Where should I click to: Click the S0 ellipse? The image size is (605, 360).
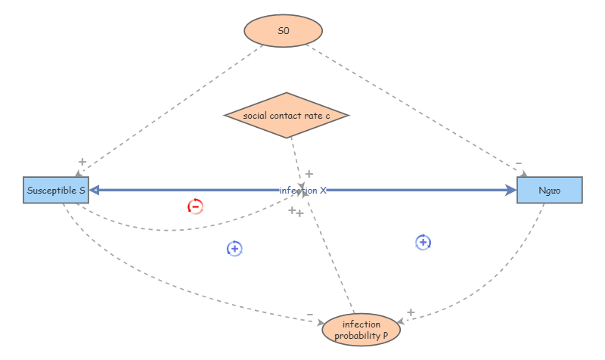tap(283, 31)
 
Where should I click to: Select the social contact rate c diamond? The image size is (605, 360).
tap(287, 115)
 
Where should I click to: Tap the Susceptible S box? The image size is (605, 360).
tap(56, 191)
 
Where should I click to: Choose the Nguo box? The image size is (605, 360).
tap(549, 191)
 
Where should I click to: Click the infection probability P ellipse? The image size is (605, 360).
tap(361, 330)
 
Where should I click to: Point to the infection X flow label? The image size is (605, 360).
tap(302, 191)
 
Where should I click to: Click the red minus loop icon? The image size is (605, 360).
tap(195, 206)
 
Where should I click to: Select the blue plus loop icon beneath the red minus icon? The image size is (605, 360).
tap(234, 248)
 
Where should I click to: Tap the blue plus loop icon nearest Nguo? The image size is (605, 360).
tap(423, 242)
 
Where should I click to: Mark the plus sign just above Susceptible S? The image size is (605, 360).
tap(82, 162)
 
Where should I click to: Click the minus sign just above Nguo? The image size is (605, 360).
tap(518, 163)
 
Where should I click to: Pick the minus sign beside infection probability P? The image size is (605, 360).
tap(310, 315)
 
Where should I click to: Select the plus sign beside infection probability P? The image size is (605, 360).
tap(411, 312)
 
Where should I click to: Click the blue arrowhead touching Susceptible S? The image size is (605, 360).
tap(95, 191)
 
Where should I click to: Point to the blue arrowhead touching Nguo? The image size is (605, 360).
tap(511, 191)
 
